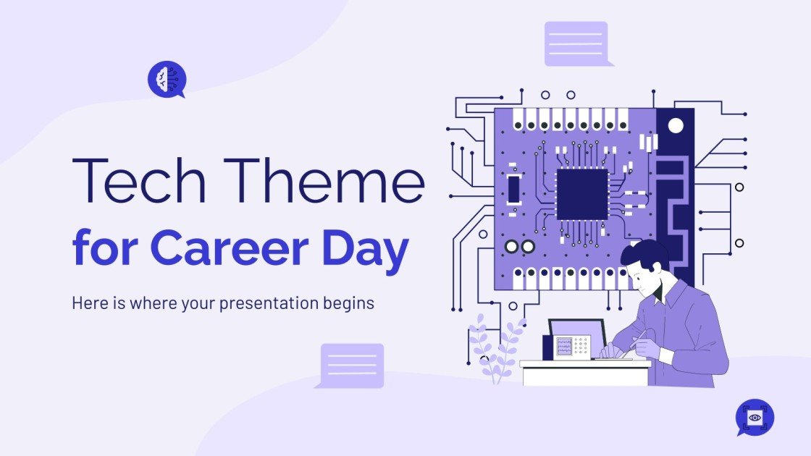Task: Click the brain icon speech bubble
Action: tap(167, 79)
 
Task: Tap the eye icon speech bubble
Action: tap(755, 418)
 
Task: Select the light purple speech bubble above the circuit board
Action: tap(576, 43)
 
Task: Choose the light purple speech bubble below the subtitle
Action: tap(352, 365)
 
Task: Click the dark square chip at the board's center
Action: tap(582, 194)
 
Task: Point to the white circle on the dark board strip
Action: tap(676, 126)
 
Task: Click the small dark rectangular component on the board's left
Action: tap(513, 189)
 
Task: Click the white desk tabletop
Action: tap(585, 364)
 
